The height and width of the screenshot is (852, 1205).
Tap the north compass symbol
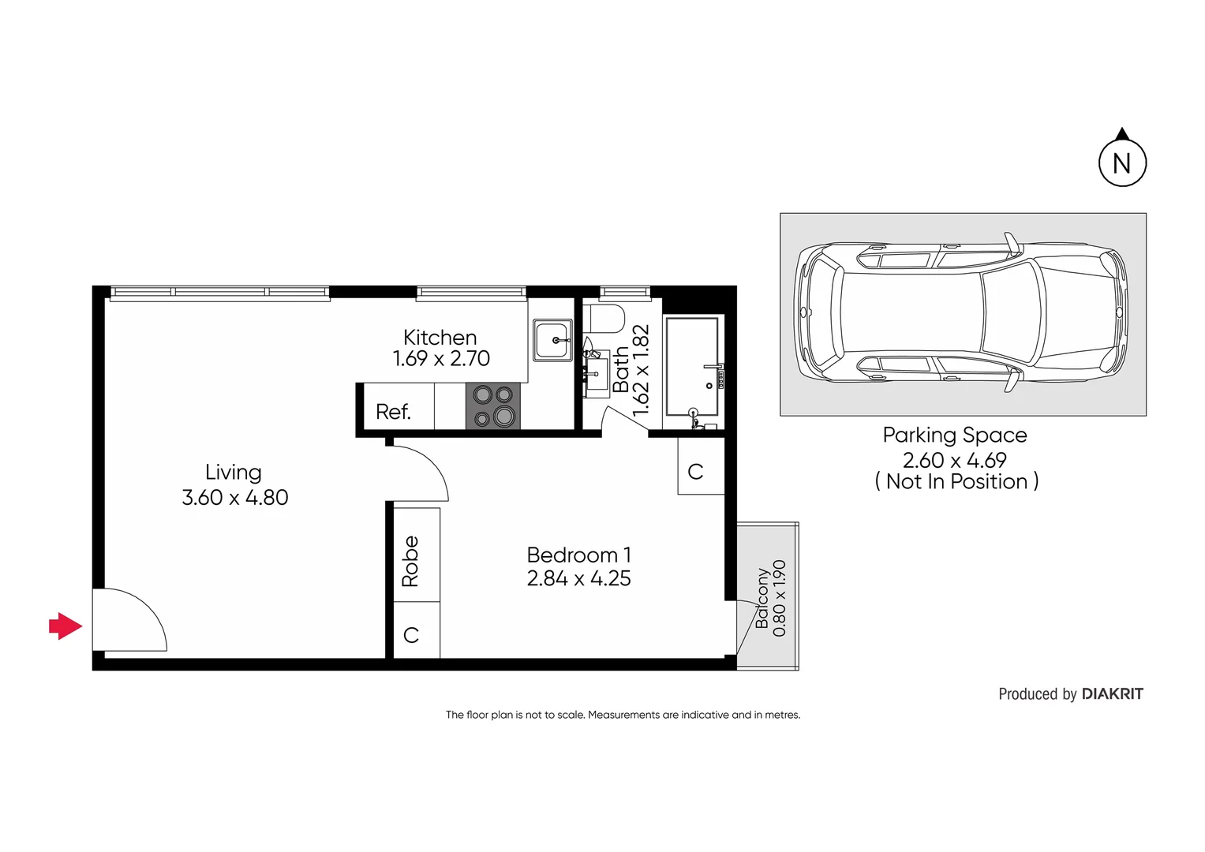click(1122, 163)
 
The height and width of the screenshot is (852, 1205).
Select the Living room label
click(234, 472)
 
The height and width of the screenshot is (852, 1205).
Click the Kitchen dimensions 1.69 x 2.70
click(441, 359)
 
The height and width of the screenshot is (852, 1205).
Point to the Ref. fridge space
click(394, 412)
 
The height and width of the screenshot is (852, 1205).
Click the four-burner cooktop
click(493, 406)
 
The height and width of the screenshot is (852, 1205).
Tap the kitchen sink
click(552, 340)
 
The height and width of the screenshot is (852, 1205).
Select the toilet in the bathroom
click(607, 319)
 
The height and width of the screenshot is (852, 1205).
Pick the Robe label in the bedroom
click(410, 561)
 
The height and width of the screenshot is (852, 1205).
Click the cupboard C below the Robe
click(411, 634)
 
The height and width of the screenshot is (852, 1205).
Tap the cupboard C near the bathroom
click(695, 472)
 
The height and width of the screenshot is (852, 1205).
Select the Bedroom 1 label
click(578, 555)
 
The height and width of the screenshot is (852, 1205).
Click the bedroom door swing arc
click(422, 472)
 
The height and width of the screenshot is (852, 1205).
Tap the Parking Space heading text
click(955, 435)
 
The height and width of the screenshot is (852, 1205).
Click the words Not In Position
click(956, 482)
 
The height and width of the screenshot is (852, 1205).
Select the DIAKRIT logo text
click(1112, 694)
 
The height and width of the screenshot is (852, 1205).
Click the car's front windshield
click(1012, 312)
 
